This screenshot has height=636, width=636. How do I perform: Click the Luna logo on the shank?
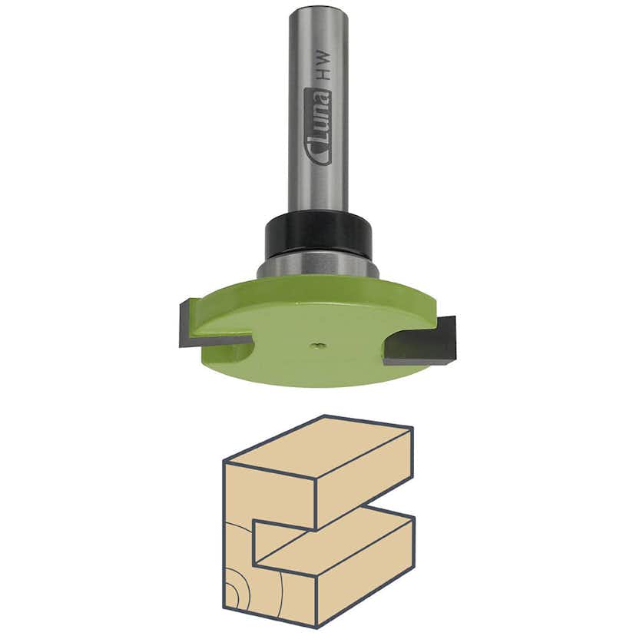pos(317,127)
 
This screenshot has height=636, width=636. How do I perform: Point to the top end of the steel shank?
pos(318,10)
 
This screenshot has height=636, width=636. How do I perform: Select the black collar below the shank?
pos(318,234)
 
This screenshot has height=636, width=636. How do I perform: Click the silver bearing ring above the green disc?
pos(318,268)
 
